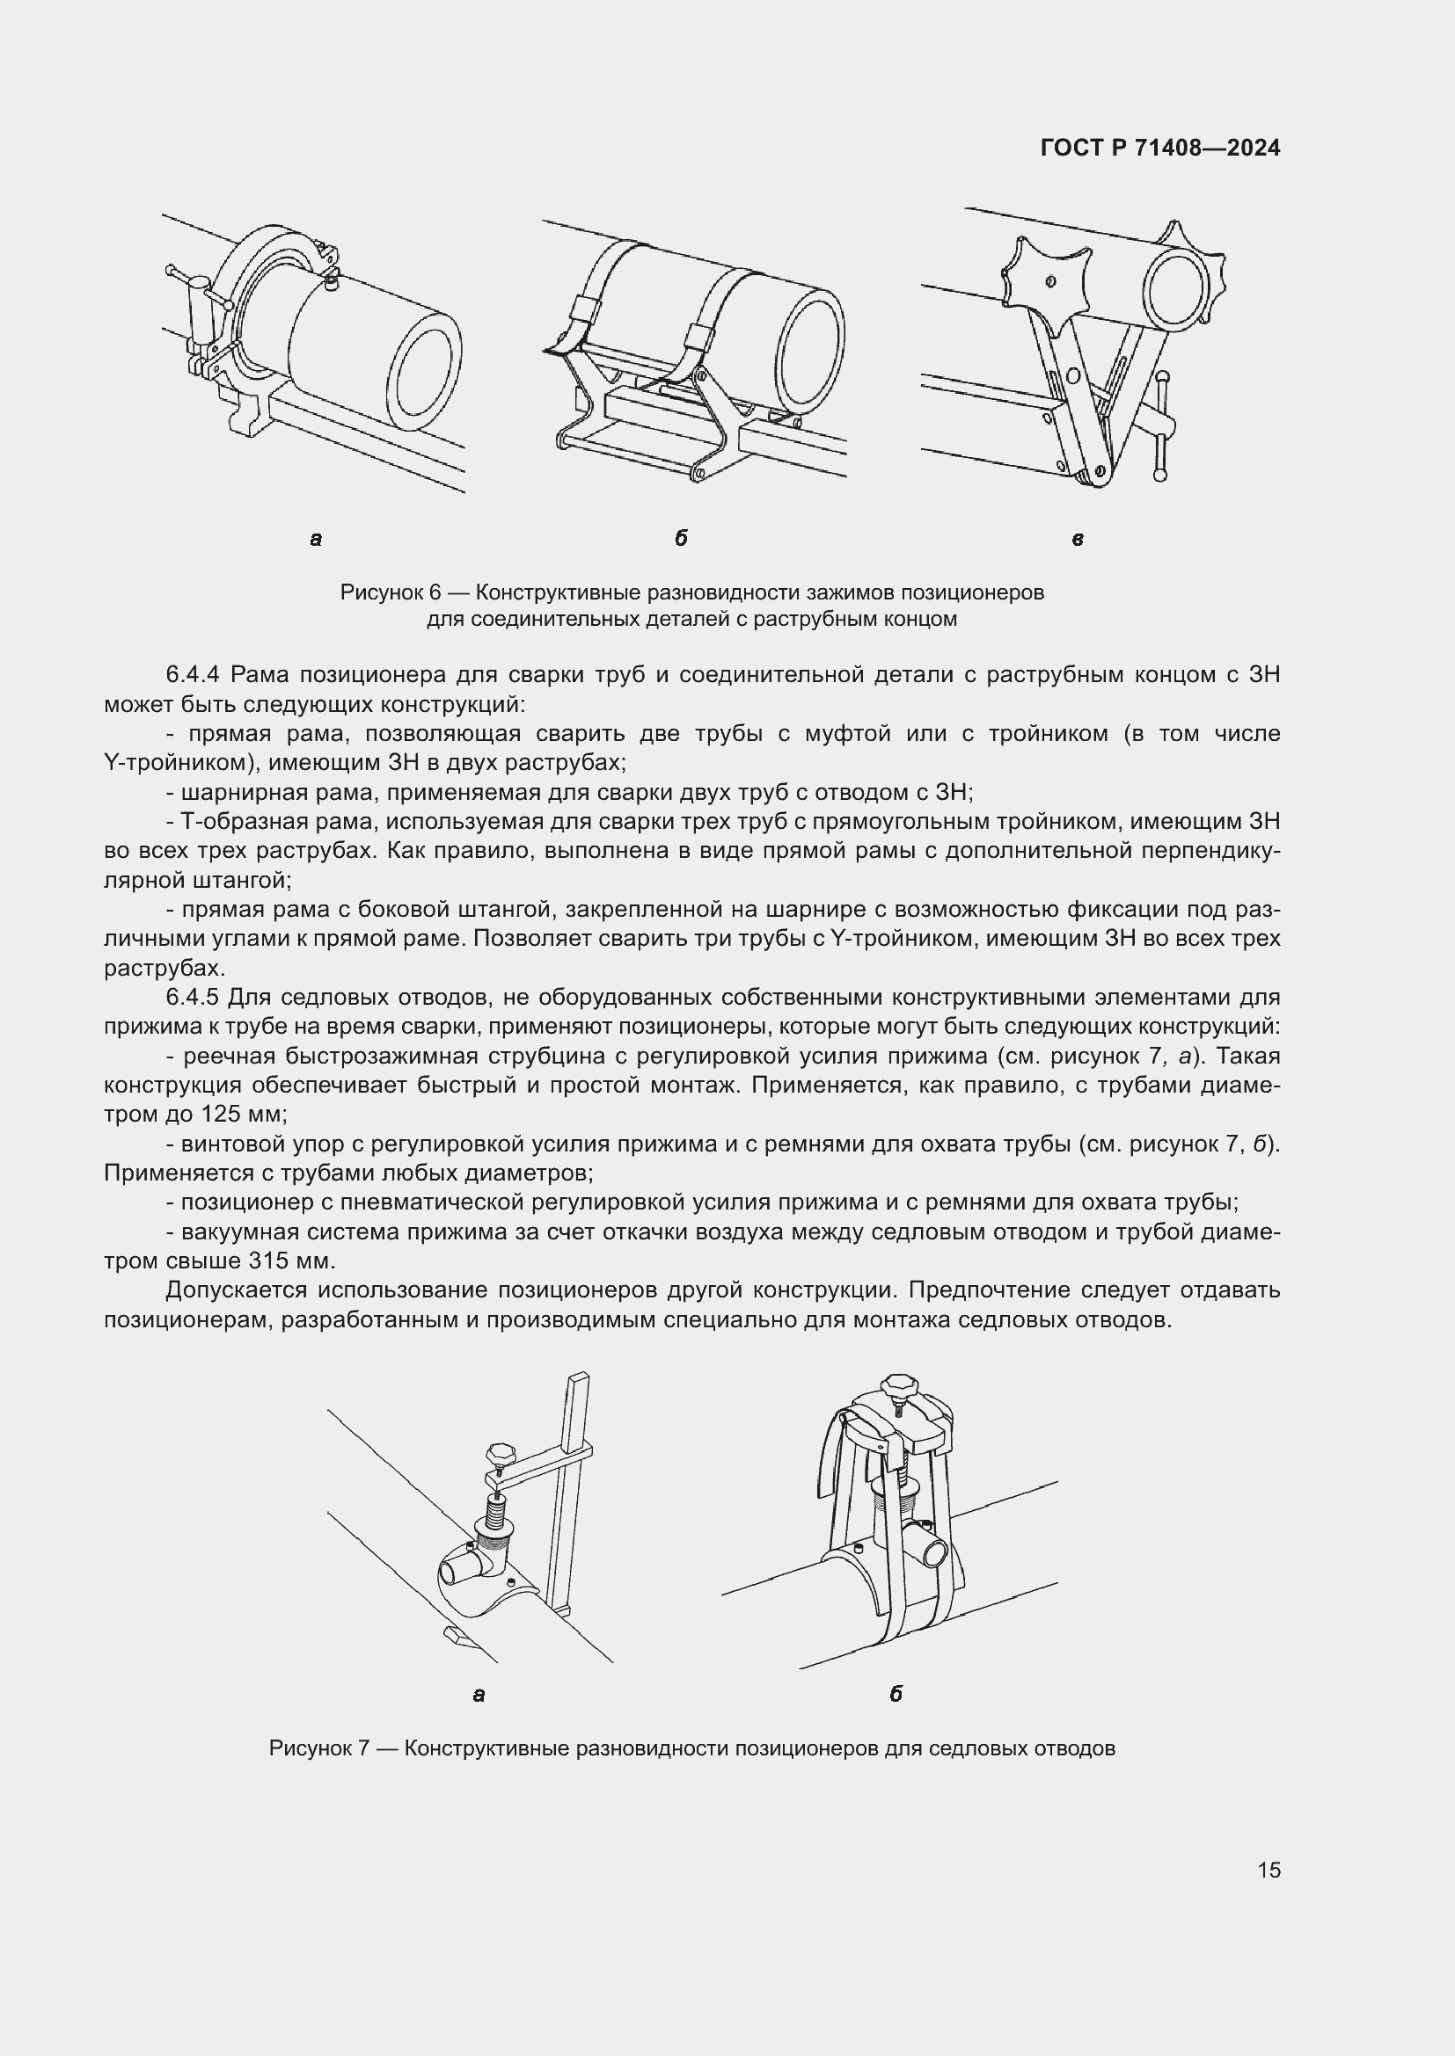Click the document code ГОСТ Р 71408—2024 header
(1159, 148)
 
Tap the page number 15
(1269, 1870)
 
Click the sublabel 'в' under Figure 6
(1077, 539)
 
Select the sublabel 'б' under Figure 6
(681, 538)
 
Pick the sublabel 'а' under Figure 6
(316, 539)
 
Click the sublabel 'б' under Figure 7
(895, 1694)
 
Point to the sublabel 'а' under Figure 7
(479, 1695)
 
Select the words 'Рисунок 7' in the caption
(319, 1749)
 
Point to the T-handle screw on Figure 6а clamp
(196, 304)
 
